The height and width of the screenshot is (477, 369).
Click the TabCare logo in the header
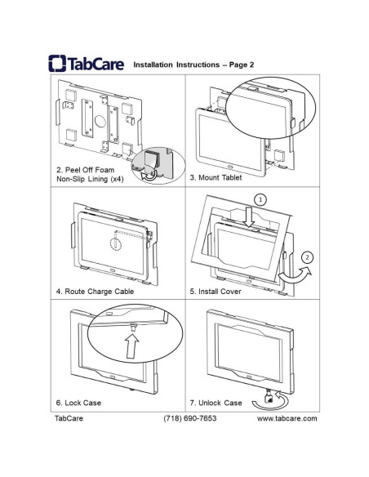click(86, 64)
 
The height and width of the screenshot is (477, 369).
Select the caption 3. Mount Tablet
click(217, 176)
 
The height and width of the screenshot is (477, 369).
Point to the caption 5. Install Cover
click(218, 291)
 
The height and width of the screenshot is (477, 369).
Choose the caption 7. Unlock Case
click(216, 403)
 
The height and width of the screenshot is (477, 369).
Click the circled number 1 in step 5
click(260, 199)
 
